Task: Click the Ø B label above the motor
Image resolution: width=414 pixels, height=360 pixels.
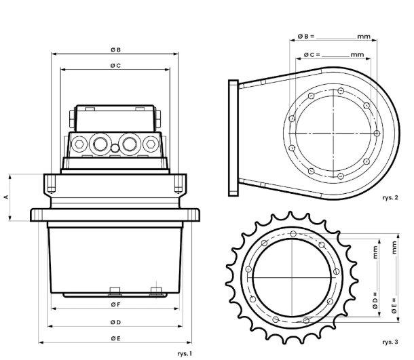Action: pos(115,50)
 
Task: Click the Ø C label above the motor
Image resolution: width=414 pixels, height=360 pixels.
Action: pos(115,65)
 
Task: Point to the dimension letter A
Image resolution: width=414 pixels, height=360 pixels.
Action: pos(6,197)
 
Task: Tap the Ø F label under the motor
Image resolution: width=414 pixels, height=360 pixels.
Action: pos(115,304)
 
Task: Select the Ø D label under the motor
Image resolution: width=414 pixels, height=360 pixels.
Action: pos(115,322)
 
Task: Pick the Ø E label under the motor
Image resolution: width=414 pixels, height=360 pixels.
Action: pos(115,338)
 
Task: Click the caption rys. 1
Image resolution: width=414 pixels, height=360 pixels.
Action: pos(185,354)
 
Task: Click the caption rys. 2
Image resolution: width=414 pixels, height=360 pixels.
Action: pos(390,197)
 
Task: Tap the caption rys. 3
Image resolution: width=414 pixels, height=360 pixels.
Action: pos(390,342)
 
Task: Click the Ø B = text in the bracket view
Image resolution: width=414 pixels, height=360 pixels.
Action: pos(306,36)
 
